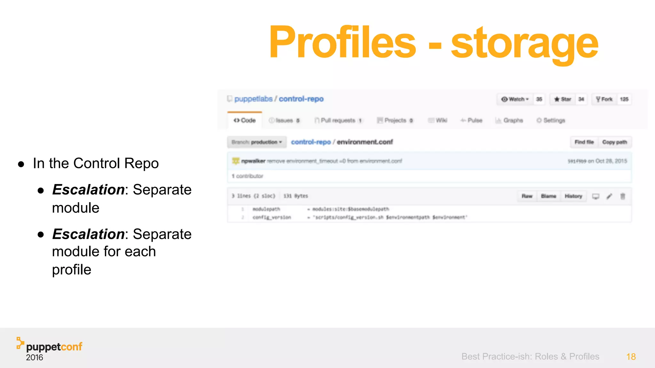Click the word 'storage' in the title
(524, 43)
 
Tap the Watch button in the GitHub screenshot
(515, 99)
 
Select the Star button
(563, 99)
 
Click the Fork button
(604, 99)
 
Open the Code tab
(245, 120)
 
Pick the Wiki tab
(438, 120)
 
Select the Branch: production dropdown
(256, 142)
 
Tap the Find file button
(584, 142)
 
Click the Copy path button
(614, 142)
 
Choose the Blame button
(548, 196)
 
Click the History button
(573, 196)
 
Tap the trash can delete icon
(623, 196)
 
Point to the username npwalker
(253, 161)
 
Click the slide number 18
(631, 357)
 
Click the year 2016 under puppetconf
(35, 357)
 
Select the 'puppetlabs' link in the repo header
(253, 99)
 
